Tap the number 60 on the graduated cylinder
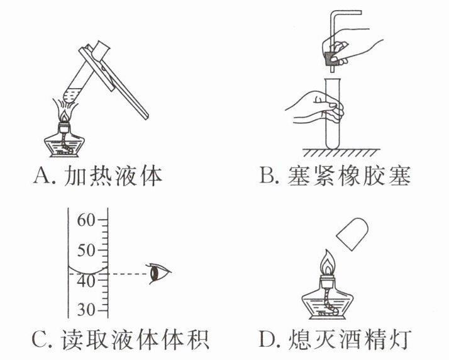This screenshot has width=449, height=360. tap(86, 221)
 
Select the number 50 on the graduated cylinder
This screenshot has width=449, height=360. tap(86, 250)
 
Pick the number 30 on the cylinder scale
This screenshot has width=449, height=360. tap(86, 311)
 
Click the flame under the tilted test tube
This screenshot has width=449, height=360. tap(66, 113)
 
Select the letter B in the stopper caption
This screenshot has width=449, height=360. tap(269, 176)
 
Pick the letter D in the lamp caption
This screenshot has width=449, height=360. tap(269, 340)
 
